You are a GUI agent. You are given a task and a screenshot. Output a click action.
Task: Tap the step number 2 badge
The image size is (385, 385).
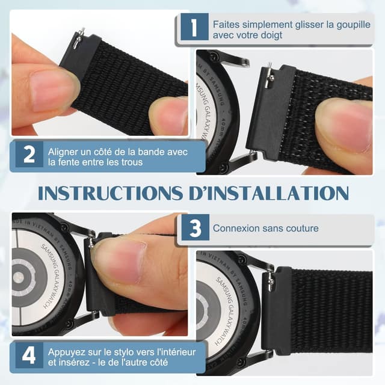[x=28, y=155]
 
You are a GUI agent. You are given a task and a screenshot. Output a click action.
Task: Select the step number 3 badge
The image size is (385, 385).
[x=193, y=229]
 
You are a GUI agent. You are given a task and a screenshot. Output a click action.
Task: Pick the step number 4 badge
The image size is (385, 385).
[x=28, y=355]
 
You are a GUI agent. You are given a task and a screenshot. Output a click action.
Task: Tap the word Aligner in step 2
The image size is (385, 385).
[x=63, y=150]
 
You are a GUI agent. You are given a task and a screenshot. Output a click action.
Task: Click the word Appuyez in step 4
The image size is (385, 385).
[x=67, y=350]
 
